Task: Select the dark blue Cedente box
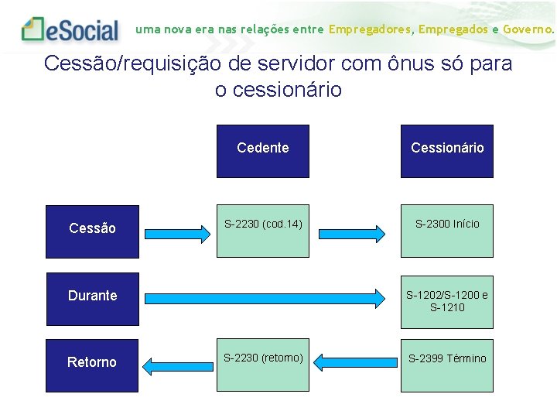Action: [x=262, y=151]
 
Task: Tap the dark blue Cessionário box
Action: [x=446, y=151]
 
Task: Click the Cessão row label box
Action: [x=92, y=231]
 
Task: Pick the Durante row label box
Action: [x=92, y=299]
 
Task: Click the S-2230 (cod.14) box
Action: [x=262, y=231]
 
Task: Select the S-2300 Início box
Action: [x=446, y=231]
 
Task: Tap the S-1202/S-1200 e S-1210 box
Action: [x=446, y=300]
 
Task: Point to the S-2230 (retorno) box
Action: [x=262, y=365]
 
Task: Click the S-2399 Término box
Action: [x=446, y=365]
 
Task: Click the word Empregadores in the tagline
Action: [x=371, y=29]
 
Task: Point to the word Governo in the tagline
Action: [x=528, y=29]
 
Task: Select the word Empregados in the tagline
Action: [x=453, y=29]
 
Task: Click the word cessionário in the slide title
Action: [x=290, y=90]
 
